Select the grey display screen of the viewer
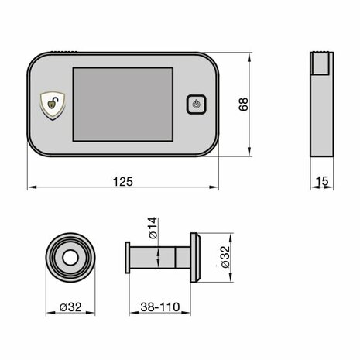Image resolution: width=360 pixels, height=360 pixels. click(122, 103)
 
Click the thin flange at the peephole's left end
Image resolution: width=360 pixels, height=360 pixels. click(126, 256)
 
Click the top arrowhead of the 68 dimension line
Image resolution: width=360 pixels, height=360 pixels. click(249, 56)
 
